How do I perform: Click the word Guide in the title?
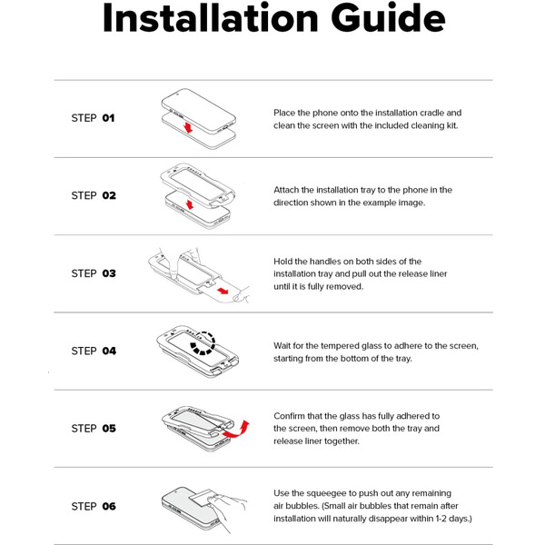click(388, 17)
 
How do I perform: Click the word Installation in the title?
click(211, 17)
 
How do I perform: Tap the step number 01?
click(108, 118)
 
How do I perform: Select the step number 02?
click(109, 195)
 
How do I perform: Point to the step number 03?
click(109, 273)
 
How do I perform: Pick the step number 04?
click(109, 351)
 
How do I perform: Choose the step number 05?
click(109, 429)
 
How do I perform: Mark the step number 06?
click(109, 507)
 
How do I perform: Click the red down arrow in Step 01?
click(188, 127)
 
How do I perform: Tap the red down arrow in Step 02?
click(190, 204)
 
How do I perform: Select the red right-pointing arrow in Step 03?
click(223, 291)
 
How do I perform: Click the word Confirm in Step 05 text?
click(289, 416)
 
